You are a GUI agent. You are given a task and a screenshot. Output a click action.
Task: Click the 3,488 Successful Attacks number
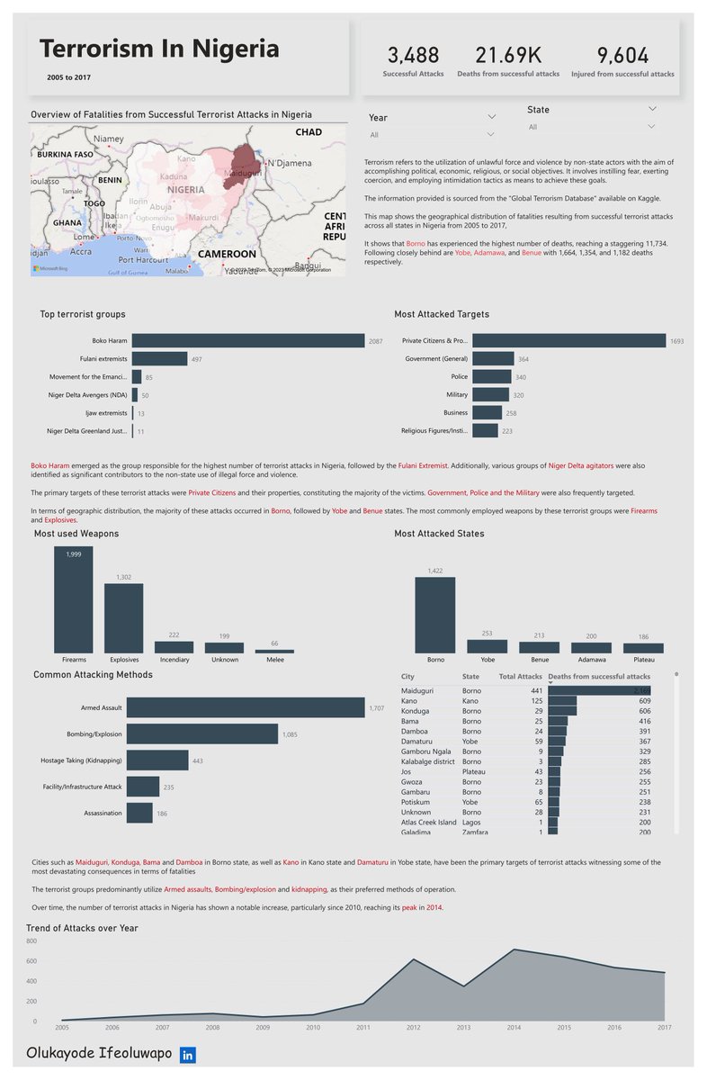coord(413,55)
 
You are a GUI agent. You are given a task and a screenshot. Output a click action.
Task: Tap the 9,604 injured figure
coord(622,55)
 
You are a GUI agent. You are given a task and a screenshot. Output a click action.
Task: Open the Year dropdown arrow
coord(491,117)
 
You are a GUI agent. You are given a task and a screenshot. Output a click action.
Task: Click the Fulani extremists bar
coord(159,359)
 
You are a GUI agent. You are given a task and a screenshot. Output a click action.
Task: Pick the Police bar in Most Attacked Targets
coord(491,377)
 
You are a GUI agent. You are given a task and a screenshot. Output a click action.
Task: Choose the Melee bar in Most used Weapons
coord(274,650)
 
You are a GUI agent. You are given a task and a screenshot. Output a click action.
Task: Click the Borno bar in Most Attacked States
coord(434,615)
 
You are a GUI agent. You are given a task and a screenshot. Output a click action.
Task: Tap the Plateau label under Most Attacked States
coord(644,659)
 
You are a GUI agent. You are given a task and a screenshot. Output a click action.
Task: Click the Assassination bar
coord(139,813)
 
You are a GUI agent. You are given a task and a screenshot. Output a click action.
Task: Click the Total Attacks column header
coord(520,676)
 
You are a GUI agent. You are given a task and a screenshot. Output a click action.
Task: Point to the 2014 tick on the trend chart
coord(513,1026)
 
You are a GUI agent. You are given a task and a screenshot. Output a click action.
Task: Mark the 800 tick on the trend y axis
coord(31,941)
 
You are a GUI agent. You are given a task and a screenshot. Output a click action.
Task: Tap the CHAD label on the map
coord(309,132)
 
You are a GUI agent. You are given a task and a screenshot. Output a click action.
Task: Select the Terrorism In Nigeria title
coord(159,49)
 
